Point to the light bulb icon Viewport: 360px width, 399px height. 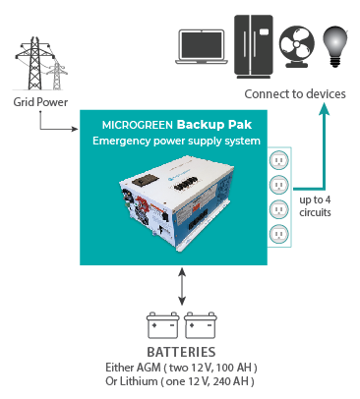336,44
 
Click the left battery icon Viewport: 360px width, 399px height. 159,325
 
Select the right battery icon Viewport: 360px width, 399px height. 200,325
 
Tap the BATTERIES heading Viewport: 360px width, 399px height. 181,353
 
